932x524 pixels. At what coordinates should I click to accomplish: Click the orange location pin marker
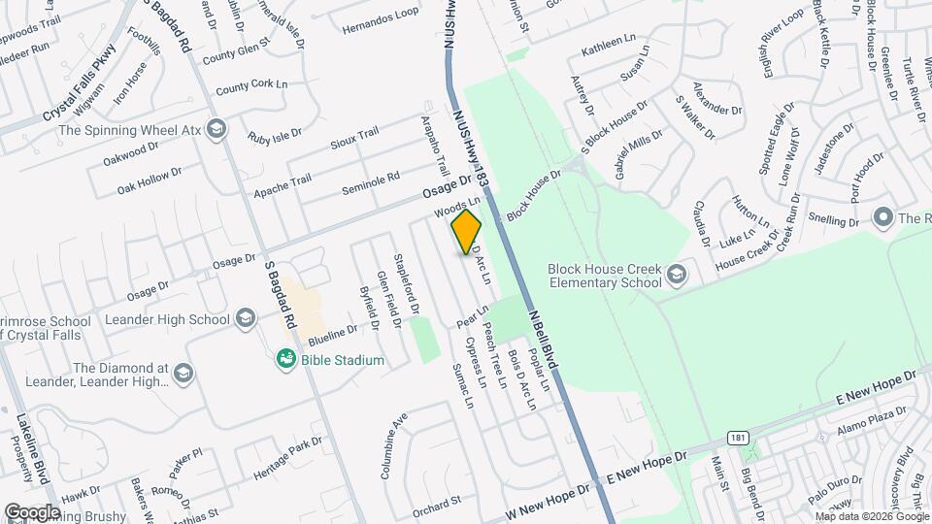coord(466,230)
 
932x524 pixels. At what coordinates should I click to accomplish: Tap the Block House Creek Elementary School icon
coord(677,277)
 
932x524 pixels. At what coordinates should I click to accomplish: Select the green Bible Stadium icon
coord(285,360)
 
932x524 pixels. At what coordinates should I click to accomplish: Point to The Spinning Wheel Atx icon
coord(216,129)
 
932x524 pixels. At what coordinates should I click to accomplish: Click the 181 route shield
coord(739,439)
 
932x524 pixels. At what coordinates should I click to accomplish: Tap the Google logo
coord(32,511)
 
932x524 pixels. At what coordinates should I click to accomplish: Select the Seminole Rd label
coord(371,181)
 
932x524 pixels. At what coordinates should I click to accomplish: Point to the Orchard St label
coord(435,502)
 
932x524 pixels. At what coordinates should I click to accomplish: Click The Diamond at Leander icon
coord(182,375)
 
